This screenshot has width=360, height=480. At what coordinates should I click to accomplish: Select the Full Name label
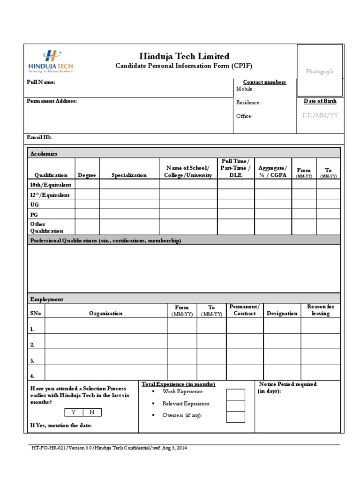pyautogui.click(x=41, y=82)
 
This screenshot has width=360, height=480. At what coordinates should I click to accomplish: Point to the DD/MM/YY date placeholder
pyautogui.click(x=320, y=115)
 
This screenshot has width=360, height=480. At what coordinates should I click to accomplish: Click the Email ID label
pyautogui.click(x=39, y=138)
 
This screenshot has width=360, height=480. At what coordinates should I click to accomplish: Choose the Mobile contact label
pyautogui.click(x=246, y=89)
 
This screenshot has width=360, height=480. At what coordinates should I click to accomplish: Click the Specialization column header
pyautogui.click(x=129, y=175)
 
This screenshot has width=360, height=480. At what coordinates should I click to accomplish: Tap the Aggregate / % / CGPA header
pyautogui.click(x=272, y=172)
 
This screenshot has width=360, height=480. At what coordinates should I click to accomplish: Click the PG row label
pyautogui.click(x=34, y=214)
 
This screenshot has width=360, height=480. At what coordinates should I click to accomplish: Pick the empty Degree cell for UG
pyautogui.click(x=87, y=205)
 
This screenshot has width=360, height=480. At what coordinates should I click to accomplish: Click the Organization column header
pyautogui.click(x=106, y=314)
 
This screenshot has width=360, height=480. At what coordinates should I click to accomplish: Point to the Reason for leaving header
pyautogui.click(x=321, y=310)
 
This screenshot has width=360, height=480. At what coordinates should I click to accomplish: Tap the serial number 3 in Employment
pyautogui.click(x=32, y=361)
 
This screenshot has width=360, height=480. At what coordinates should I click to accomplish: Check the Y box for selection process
pyautogui.click(x=74, y=412)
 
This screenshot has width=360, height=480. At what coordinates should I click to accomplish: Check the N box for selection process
pyautogui.click(x=92, y=412)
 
